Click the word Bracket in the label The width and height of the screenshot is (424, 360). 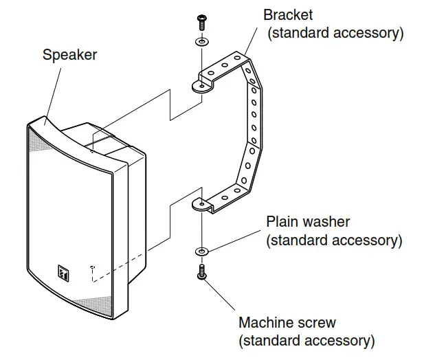click(288, 14)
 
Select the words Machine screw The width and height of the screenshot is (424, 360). click(287, 322)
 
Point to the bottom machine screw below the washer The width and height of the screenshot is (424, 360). click(202, 272)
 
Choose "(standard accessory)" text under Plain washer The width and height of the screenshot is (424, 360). click(334, 240)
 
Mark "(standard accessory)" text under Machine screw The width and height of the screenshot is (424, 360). click(306, 340)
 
